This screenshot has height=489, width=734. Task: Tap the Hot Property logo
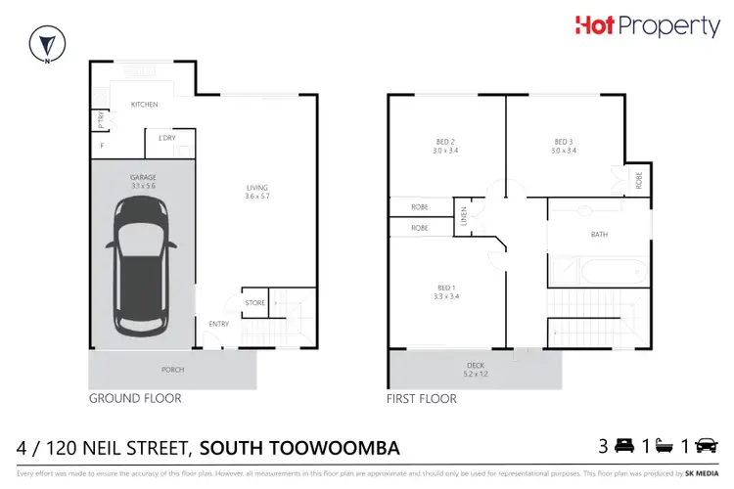[648, 26]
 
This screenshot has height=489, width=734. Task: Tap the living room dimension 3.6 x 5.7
[257, 198]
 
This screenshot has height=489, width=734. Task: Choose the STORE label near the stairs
[255, 303]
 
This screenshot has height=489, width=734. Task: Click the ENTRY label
[218, 325]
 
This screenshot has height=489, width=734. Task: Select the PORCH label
[172, 370]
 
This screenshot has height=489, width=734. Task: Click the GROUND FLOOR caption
[135, 399]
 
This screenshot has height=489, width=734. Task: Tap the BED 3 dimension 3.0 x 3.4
[565, 151]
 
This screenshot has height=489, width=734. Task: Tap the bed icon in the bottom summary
[622, 447]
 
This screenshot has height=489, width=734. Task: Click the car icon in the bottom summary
[705, 447]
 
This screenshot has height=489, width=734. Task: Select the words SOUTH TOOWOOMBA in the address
[298, 448]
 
